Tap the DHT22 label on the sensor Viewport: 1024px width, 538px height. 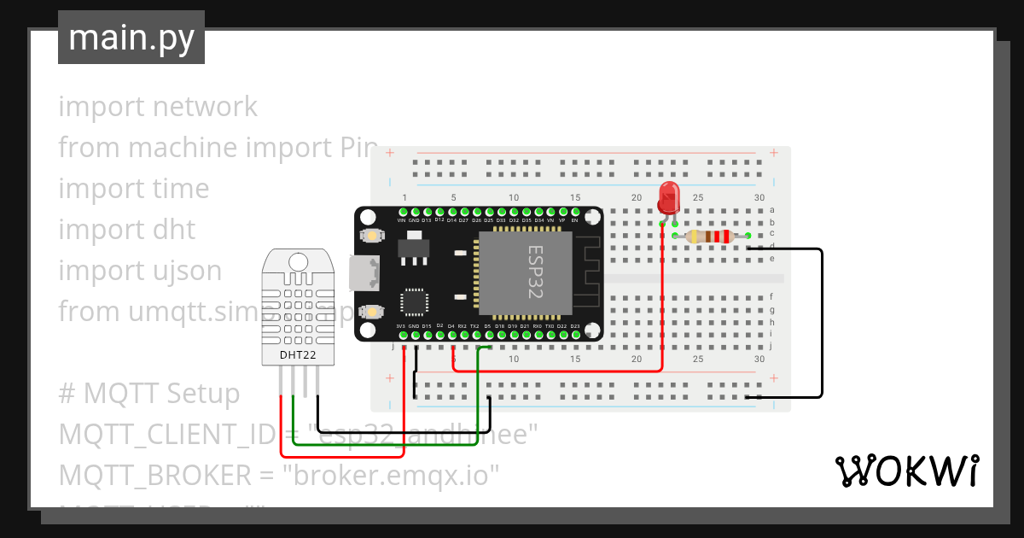coord(298,354)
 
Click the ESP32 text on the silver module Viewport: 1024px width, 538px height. coord(535,272)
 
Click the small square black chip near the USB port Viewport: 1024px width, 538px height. coord(415,302)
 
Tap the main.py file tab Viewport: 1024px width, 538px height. coord(131,38)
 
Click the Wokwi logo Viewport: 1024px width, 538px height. coord(906,471)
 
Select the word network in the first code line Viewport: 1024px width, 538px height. coord(205,107)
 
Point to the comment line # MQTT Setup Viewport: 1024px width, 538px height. coord(149,394)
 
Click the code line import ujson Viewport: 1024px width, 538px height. coord(140,271)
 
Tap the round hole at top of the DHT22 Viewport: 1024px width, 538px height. coord(298,260)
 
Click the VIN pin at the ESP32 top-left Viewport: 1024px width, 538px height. coord(401,212)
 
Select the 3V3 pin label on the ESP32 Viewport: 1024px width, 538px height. coord(400,326)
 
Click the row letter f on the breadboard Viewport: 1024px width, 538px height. coord(771,295)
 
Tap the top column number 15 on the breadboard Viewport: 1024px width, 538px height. coord(575,197)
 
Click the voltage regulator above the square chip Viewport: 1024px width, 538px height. coord(415,244)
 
